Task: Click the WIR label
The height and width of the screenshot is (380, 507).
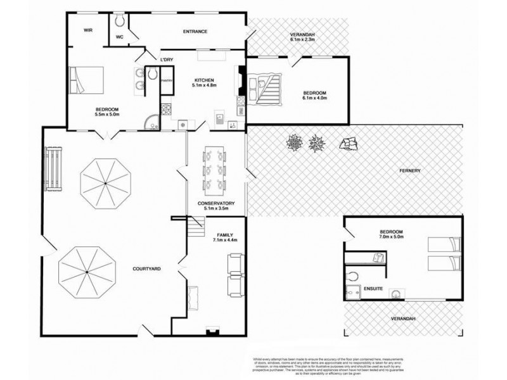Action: pyautogui.click(x=89, y=30)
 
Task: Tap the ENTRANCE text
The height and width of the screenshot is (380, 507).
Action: pyautogui.click(x=195, y=31)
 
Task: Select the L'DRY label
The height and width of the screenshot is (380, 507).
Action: pyautogui.click(x=167, y=60)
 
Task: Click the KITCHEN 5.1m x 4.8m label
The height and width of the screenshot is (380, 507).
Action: pyautogui.click(x=205, y=82)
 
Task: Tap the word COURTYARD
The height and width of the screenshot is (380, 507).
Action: pyautogui.click(x=146, y=269)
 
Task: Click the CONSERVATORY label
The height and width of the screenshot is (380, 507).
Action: pyautogui.click(x=217, y=203)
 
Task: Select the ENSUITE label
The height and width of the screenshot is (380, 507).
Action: pyautogui.click(x=372, y=289)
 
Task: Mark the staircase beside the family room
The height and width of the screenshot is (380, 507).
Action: pyautogui.click(x=196, y=222)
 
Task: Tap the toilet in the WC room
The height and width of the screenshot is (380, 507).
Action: pyautogui.click(x=120, y=21)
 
